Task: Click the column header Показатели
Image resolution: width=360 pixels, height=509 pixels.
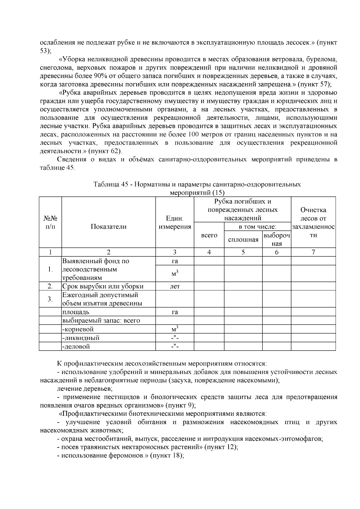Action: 108,227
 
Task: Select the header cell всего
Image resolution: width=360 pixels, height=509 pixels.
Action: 209,235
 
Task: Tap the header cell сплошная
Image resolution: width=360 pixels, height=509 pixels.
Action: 243,240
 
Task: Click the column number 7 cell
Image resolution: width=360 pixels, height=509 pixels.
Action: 313,252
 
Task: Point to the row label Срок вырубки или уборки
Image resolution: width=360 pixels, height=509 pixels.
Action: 103,286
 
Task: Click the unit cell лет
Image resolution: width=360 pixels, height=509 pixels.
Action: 175,286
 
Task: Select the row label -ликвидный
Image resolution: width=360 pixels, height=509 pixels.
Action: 81,338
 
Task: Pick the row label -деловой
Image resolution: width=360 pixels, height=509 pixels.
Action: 76,347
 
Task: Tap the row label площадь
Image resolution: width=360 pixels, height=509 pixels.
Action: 76,312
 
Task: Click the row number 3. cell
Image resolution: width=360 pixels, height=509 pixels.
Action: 50,299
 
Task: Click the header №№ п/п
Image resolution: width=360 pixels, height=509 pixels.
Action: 50,223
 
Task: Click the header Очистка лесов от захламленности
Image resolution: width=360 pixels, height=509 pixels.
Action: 313,223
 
